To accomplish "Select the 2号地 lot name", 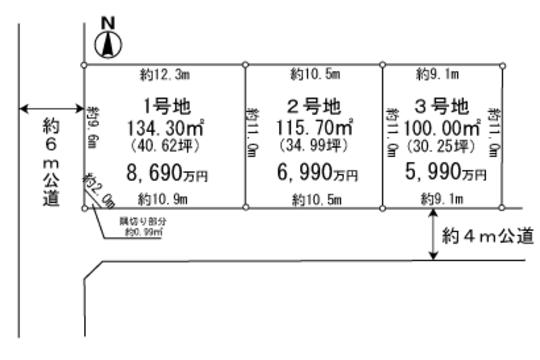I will coord(314,106).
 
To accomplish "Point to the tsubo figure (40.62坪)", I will coord(164,147).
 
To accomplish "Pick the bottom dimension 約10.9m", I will coord(159,198).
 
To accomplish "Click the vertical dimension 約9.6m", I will coord(93,128).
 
